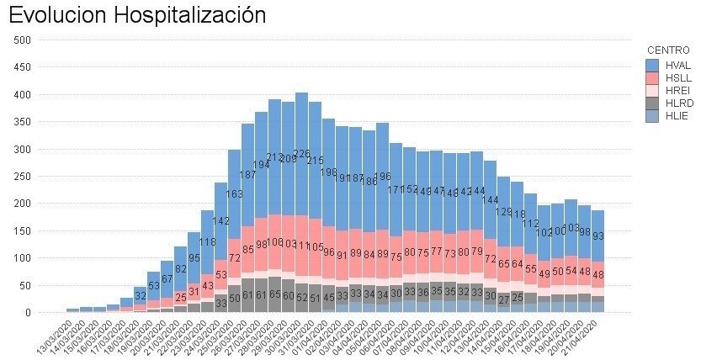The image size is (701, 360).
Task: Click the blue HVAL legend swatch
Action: coord(652,65)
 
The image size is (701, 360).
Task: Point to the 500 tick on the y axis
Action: coord(22,40)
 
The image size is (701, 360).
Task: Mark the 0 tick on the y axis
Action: coord(28,312)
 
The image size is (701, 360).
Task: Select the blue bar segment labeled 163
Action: coord(234,194)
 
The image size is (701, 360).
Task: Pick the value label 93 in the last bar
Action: coord(597,236)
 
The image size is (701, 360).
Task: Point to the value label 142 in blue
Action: coord(220,221)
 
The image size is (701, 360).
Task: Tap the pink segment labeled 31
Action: coord(194,292)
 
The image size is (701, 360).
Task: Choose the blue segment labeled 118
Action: coord(207,242)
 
